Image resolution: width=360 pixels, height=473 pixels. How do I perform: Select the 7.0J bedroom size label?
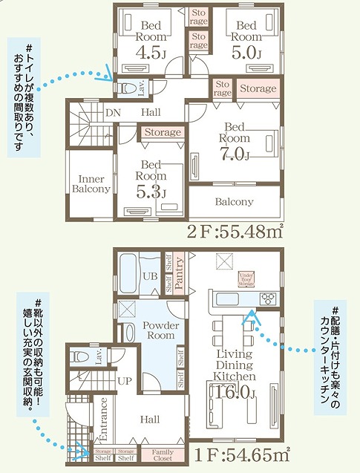pos(234,154)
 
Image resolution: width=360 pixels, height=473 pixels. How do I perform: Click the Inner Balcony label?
pos(91,183)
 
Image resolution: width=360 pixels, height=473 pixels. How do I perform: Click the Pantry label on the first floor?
pos(179,275)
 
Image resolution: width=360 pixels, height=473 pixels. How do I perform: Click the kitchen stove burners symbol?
pos(267,299)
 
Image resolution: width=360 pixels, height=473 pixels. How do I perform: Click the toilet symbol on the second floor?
pos(131,88)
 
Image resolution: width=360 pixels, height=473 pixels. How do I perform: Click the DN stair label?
pos(113,113)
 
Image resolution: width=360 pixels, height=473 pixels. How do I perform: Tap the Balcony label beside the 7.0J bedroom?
pos(234,201)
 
